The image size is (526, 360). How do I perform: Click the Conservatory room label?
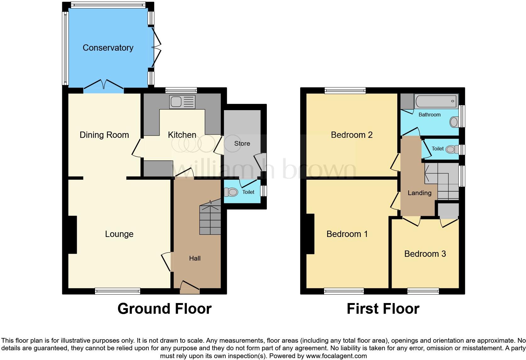[x=108, y=48]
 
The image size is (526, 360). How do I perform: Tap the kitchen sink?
[x=182, y=102]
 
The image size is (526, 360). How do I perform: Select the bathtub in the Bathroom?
[x=436, y=101]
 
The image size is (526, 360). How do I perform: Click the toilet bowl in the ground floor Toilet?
[x=231, y=192]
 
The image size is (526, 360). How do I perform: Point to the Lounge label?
[x=119, y=234]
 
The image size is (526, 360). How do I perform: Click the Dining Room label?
[x=104, y=135]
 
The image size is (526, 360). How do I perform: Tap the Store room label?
[x=242, y=143]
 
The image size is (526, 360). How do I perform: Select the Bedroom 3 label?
[x=425, y=254]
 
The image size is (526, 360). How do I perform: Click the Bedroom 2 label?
[x=352, y=135]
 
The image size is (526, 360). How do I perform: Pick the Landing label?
[x=420, y=193]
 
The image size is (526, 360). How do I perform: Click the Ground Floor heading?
[x=164, y=309]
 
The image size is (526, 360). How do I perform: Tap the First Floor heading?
[x=383, y=309]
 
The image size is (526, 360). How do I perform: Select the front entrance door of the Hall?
[x=190, y=287]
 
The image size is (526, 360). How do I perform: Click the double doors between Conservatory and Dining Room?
[x=104, y=87]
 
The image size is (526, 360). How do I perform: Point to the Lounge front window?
[x=118, y=291]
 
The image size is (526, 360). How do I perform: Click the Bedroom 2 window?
[x=345, y=91]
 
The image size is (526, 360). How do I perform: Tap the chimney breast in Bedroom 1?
[x=310, y=234]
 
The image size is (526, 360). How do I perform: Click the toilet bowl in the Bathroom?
[x=454, y=122]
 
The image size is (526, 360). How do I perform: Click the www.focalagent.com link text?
[x=336, y=356]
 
